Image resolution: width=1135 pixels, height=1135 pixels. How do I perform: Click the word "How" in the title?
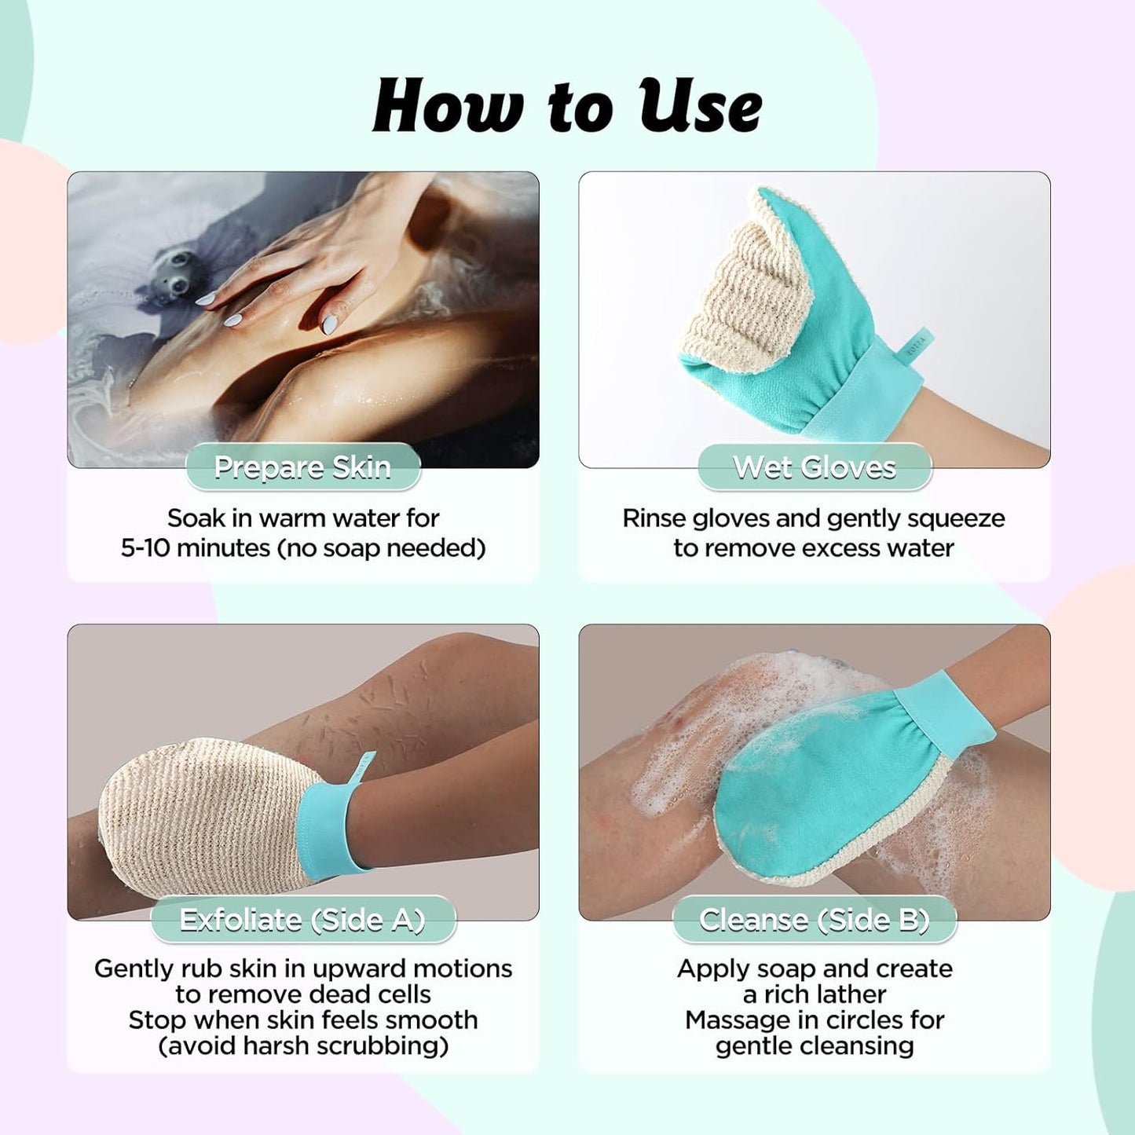[x=449, y=107]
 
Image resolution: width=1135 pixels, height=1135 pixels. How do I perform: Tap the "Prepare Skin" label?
[x=302, y=467]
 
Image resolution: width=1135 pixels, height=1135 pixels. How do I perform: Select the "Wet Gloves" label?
[x=815, y=467]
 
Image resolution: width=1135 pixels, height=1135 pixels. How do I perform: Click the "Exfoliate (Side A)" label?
[x=302, y=920]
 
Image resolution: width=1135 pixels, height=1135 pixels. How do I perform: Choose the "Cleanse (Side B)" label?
[x=815, y=920]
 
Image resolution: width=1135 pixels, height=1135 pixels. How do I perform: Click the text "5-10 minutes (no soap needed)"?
[x=303, y=548]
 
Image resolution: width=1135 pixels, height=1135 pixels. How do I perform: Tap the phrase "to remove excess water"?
[x=814, y=548]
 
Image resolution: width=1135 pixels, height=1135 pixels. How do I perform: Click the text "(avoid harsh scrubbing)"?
[x=303, y=1045]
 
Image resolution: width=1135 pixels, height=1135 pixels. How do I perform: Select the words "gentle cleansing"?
[x=815, y=1045]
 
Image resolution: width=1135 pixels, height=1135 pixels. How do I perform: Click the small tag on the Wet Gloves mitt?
[x=915, y=346]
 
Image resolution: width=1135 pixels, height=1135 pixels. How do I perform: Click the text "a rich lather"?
[x=815, y=994]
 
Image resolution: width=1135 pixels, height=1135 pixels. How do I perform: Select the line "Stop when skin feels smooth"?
[x=303, y=1020]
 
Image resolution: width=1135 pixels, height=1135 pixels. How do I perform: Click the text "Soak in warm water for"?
[x=303, y=518]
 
